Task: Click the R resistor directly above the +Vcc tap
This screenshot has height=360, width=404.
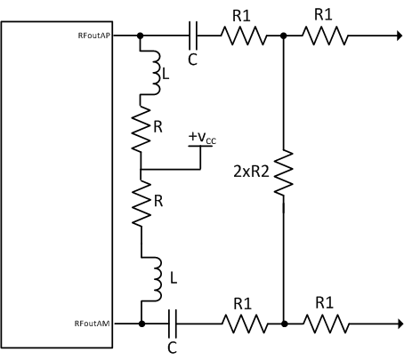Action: pyautogui.click(x=141, y=132)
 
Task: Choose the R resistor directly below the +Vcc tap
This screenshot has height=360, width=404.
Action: pyautogui.click(x=141, y=204)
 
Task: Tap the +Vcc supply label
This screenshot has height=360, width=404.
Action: pyautogui.click(x=202, y=139)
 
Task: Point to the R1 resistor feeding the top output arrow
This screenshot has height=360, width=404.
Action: pyautogui.click(x=326, y=36)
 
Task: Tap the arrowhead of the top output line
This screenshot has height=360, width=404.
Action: pyautogui.click(x=393, y=36)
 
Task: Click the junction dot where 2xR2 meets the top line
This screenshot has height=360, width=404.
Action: pyautogui.click(x=283, y=36)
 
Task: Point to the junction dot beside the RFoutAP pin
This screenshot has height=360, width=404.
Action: pyautogui.click(x=141, y=36)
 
